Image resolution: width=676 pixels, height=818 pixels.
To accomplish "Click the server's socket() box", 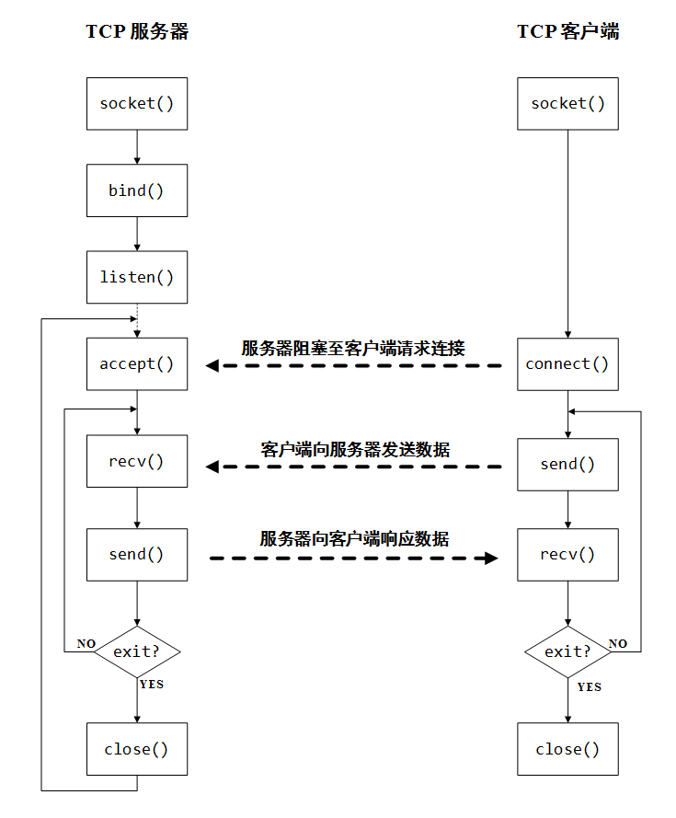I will [x=137, y=103].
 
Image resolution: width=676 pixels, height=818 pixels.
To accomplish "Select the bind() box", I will [x=137, y=190].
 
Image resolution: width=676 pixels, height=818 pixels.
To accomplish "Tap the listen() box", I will [x=137, y=277].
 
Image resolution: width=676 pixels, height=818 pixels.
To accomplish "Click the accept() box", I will [x=137, y=363].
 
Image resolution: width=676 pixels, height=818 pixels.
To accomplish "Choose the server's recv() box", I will [x=137, y=461].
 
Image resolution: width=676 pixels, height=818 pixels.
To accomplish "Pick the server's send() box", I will [x=137, y=554].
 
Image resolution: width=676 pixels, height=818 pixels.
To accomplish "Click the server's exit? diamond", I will [x=137, y=651].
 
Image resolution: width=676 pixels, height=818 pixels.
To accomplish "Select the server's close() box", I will [x=137, y=749].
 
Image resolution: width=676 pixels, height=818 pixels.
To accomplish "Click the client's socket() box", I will [x=567, y=103].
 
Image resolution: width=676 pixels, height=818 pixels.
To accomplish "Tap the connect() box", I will [x=567, y=363].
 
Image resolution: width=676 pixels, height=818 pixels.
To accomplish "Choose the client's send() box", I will [x=567, y=464].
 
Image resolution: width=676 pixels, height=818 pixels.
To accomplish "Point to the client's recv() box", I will [x=567, y=554].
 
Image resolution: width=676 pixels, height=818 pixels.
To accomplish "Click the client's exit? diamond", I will [x=567, y=651].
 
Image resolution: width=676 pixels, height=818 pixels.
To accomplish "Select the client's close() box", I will [x=567, y=749].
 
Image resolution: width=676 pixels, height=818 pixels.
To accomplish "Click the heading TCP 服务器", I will [x=137, y=31].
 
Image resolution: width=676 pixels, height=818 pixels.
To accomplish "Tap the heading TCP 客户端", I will [x=567, y=31].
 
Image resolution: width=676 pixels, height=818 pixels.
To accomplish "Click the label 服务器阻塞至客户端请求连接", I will [x=353, y=348].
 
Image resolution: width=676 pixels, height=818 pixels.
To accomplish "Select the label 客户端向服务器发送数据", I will [x=355, y=449].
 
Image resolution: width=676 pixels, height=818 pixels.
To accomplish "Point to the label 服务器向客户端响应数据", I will [x=354, y=539].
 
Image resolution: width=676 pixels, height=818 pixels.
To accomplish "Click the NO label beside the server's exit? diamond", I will [x=86, y=643].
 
